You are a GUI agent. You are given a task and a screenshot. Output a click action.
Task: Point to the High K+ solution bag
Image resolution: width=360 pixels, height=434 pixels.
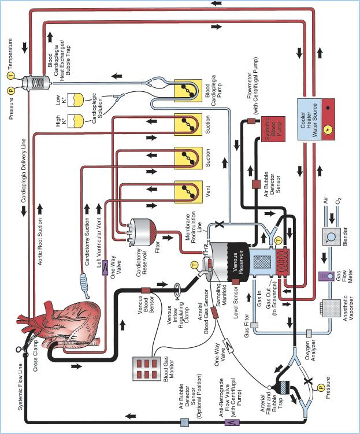(x=76, y=121)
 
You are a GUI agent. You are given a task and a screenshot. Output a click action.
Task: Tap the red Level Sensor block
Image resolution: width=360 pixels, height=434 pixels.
(x=236, y=281)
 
